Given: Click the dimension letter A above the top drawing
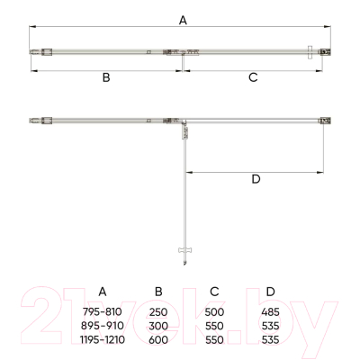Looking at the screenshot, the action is (x=183, y=21).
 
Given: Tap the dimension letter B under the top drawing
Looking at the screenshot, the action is (x=106, y=77).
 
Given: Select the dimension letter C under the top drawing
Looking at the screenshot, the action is (x=253, y=77).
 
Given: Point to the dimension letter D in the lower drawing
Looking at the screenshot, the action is (x=256, y=179).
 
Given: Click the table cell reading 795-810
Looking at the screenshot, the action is (x=103, y=312).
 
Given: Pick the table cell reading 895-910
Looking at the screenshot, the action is (x=103, y=326).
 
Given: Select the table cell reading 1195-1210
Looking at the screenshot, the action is (x=103, y=339).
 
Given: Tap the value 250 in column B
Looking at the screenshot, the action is (x=158, y=312).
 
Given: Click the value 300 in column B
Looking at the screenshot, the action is (x=158, y=326).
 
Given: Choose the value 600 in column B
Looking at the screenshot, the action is (x=158, y=339).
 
